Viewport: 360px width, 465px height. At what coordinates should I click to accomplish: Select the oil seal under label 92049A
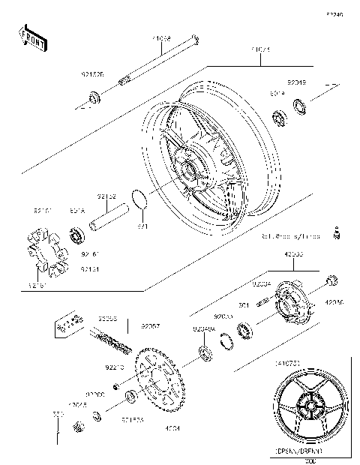pyautogui.click(x=203, y=352)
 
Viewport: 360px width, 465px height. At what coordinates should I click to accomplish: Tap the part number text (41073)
pyautogui.click(x=289, y=364)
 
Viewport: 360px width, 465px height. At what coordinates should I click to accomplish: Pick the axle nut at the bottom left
pyautogui.click(x=76, y=428)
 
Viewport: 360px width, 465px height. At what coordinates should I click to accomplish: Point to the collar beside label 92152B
pyautogui.click(x=94, y=96)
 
